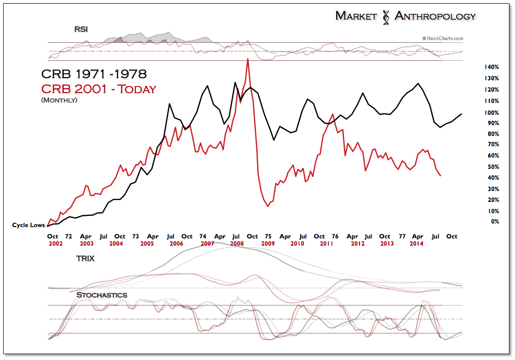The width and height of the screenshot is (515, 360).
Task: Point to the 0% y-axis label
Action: [x=494, y=221]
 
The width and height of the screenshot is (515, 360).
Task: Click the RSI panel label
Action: [x=81, y=29]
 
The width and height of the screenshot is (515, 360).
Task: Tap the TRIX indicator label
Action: [x=85, y=258]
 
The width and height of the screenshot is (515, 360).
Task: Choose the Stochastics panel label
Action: [x=101, y=295]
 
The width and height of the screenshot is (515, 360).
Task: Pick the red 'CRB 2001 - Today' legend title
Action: [x=98, y=89]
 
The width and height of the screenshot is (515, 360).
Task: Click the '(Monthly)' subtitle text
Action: [x=59, y=100]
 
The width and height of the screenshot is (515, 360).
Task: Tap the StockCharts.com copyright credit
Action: [x=442, y=38]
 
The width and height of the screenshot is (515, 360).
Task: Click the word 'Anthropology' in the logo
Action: [x=435, y=16]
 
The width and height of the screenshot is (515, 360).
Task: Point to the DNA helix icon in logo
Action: [x=384, y=17]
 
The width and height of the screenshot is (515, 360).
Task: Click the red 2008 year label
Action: [x=237, y=243]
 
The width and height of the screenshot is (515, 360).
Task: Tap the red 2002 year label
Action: [x=56, y=243]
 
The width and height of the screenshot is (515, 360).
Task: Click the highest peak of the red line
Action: [x=248, y=59]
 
